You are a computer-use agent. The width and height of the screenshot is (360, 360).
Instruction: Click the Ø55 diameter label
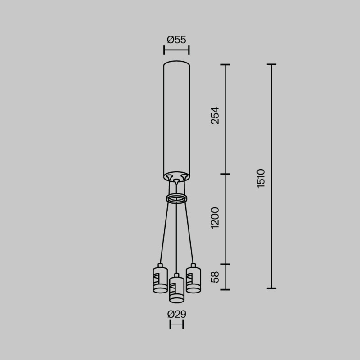click(x=176, y=40)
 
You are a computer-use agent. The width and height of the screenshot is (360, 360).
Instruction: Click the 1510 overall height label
click(x=261, y=178)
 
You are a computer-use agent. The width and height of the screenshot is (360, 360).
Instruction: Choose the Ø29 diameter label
click(x=176, y=314)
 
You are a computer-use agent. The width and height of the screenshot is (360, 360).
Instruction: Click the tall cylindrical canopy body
click(x=176, y=117)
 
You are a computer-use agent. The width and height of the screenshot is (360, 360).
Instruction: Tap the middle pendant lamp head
click(x=176, y=288)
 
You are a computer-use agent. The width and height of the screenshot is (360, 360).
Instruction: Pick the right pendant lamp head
click(x=193, y=279)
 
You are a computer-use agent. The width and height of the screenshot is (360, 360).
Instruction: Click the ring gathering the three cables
click(x=176, y=198)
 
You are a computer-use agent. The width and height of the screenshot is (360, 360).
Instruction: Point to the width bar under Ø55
click(x=176, y=49)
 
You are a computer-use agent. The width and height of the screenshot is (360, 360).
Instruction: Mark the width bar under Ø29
click(x=176, y=324)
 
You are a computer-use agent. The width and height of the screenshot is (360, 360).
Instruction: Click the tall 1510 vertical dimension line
click(x=271, y=135)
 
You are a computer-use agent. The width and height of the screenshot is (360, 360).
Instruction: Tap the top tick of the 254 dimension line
click(x=225, y=65)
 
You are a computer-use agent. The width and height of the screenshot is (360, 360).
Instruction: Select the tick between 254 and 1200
click(x=225, y=174)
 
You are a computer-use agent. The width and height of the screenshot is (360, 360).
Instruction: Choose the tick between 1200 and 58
click(x=225, y=265)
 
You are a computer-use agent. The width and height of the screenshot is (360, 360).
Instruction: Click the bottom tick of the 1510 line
click(x=271, y=288)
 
